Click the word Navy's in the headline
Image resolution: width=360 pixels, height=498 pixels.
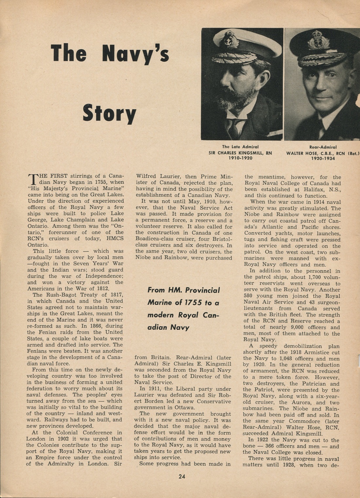click(135, 54)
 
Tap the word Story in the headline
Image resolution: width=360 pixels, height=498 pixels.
click(109, 113)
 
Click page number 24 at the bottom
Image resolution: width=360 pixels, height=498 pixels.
click(182, 476)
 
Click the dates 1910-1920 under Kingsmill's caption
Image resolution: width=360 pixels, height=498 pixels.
click(240, 158)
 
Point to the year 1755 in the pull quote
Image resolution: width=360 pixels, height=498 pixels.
click(193, 302)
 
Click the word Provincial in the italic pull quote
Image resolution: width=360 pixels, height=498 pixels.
click(203, 290)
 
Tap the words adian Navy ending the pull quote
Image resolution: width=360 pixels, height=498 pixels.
click(168, 327)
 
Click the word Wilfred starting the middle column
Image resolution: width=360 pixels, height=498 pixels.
click(147, 176)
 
